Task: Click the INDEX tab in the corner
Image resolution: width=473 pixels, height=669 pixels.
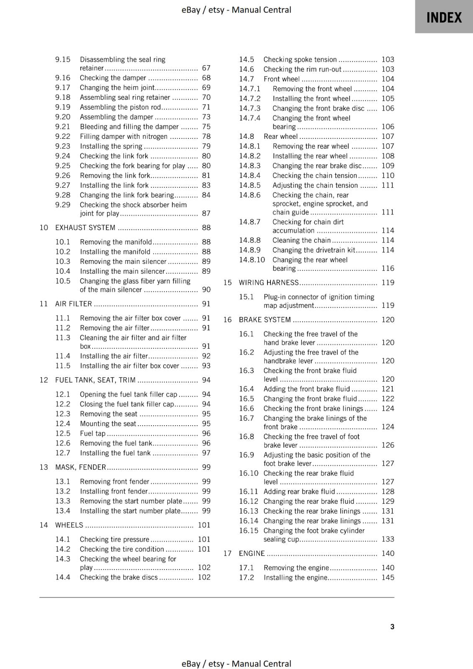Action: pos(444,18)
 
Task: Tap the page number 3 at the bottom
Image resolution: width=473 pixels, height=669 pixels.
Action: pos(392,626)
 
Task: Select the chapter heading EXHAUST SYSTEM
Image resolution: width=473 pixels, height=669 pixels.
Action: pos(85,227)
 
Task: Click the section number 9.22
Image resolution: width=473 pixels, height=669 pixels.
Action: pos(63,136)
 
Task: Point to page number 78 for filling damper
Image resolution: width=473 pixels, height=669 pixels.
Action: pos(206,136)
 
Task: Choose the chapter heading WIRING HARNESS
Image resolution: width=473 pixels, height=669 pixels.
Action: pos(268,283)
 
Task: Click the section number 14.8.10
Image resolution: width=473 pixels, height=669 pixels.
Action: pos(252,260)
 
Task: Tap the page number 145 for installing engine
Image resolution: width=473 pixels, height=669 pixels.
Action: pos(388,577)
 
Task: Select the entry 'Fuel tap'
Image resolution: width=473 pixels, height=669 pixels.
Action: pos(93,434)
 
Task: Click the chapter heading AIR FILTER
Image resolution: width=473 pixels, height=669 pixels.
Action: pos(73,304)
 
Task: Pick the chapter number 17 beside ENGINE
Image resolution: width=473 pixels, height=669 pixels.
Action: pos(227,554)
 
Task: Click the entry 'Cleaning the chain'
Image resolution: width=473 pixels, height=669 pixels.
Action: pos(301,240)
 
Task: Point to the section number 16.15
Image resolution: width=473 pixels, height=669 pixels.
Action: pos(249,531)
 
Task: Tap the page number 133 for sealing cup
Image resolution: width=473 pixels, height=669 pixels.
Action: pos(388,539)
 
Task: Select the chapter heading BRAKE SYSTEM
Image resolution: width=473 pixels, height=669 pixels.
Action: pos(265,320)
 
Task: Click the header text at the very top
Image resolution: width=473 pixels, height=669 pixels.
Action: pos(236,10)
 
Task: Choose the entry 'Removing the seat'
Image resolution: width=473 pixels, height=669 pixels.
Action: pos(108,414)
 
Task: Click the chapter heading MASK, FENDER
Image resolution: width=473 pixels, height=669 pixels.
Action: pos(80,467)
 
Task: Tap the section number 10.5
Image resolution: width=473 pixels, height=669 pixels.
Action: pos(63,281)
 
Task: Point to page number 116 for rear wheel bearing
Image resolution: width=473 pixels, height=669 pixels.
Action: pos(388,268)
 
